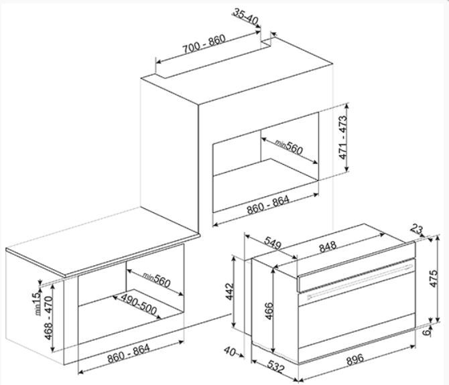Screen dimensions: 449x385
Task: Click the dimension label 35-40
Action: click(x=246, y=16)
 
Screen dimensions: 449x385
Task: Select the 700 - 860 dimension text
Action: click(x=204, y=45)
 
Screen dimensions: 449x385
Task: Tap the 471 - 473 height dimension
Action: click(x=342, y=137)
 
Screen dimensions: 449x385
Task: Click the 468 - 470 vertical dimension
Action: click(x=49, y=318)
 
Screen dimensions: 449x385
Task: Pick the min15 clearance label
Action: click(x=38, y=304)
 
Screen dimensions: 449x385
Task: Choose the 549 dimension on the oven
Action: click(x=273, y=243)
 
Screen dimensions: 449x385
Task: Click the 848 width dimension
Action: click(x=328, y=247)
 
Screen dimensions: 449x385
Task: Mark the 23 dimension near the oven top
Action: click(x=417, y=229)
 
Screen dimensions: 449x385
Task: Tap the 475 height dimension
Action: click(x=434, y=279)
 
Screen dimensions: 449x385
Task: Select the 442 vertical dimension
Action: click(x=230, y=291)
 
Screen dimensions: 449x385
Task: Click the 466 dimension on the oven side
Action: click(x=269, y=311)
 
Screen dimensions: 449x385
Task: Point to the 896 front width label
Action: click(x=355, y=360)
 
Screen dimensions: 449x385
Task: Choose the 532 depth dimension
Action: click(x=275, y=366)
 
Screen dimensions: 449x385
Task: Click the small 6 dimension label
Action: click(x=427, y=332)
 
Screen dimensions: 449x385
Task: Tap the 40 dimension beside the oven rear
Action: click(x=231, y=352)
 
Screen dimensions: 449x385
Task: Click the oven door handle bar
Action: click(x=360, y=282)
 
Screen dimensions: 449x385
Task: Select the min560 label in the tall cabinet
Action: click(x=289, y=147)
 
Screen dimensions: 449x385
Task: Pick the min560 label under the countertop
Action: click(x=157, y=280)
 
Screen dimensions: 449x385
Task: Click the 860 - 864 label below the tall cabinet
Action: click(x=268, y=205)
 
